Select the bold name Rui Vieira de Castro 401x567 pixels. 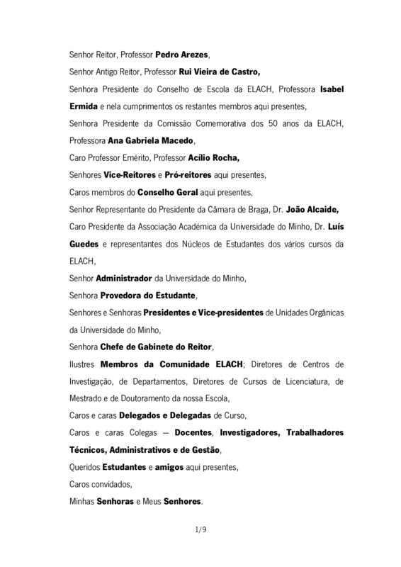point(220,72)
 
